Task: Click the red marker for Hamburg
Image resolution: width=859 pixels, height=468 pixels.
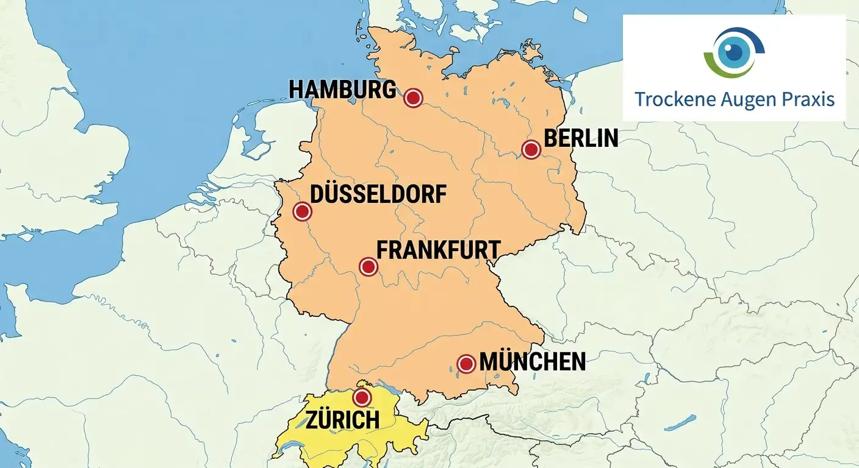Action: [413, 97]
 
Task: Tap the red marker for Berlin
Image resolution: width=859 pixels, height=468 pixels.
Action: [531, 149]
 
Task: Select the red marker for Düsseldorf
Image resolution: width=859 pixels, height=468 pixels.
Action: [302, 211]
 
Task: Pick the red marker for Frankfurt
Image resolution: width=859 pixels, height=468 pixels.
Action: [368, 266]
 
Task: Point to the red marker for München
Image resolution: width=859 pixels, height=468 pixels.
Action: [466, 364]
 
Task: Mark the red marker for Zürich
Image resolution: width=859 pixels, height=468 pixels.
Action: [362, 397]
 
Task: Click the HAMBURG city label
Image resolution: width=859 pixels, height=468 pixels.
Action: [342, 90]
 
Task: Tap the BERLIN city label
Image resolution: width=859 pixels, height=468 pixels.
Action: [581, 138]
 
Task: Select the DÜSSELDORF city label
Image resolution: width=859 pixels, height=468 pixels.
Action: [378, 194]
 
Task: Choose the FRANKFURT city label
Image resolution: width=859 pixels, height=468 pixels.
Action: [438, 250]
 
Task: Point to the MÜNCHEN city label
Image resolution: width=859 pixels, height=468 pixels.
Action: [533, 361]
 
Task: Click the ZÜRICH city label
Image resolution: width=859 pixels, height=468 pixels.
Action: [343, 419]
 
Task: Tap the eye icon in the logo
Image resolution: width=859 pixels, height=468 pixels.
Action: [734, 52]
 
